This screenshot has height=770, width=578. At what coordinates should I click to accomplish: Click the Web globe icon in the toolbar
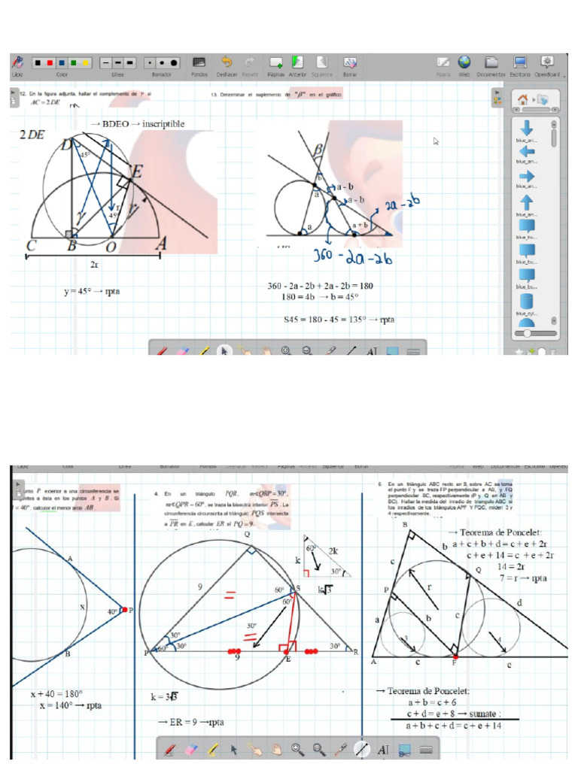464,62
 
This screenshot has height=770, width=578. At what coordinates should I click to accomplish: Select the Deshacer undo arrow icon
227,62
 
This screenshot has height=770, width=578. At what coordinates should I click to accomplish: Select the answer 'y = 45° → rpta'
92,291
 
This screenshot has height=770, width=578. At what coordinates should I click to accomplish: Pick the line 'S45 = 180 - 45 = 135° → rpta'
339,320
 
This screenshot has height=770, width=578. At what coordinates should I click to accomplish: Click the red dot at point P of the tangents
125,611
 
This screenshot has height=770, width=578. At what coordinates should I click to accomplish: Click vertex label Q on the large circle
246,535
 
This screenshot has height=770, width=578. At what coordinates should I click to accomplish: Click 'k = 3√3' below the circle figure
163,697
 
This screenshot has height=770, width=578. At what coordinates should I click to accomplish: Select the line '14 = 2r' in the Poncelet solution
510,566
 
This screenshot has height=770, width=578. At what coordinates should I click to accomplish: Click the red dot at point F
455,656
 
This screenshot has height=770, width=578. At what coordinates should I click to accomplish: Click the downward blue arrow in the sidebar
527,128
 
